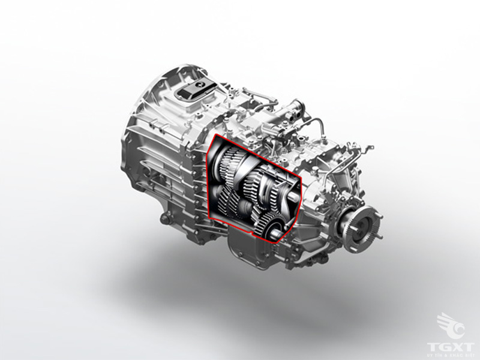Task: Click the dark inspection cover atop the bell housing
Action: (x=193, y=89)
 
